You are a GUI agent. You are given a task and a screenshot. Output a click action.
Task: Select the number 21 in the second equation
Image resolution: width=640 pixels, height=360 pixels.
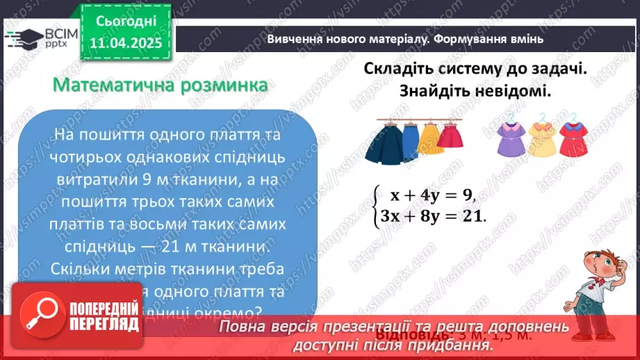(x=473, y=217)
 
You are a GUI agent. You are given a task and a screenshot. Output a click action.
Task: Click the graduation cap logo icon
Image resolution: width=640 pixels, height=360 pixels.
(x=24, y=37)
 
